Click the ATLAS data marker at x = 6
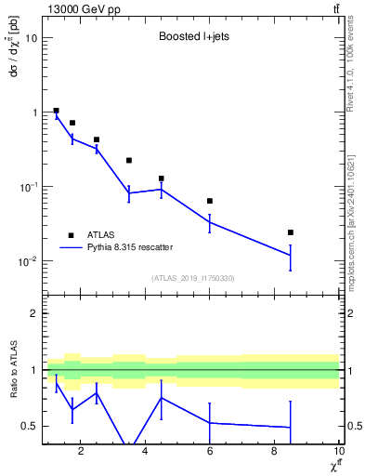tap(210, 201)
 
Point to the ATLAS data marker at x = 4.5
tap(162, 178)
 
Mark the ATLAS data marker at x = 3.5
tap(129, 161)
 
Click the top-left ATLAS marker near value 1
tap(57, 111)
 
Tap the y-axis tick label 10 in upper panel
tap(32, 38)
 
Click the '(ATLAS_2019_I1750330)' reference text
tap(192, 278)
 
